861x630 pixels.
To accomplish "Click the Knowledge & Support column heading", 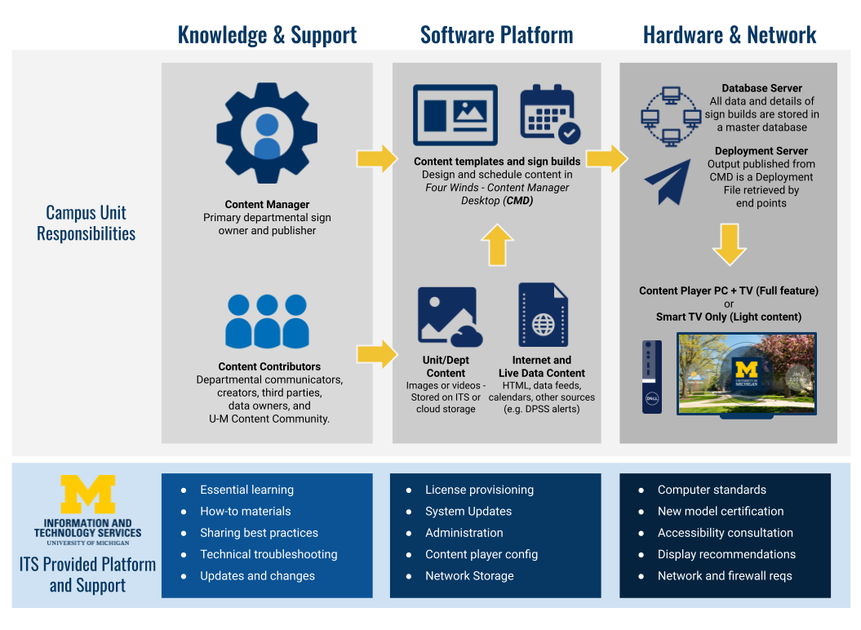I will pos(267,34).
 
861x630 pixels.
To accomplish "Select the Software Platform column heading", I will pos(496,34).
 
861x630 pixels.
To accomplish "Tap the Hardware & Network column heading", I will pos(729,34).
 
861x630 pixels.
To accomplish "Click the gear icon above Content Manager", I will pos(267,132).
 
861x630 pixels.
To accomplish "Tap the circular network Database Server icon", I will pos(670,116).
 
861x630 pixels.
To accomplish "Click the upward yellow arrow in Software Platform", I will pos(496,245).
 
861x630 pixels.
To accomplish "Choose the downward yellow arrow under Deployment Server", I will pos(729,244).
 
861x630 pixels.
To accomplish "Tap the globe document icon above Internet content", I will pos(543,316).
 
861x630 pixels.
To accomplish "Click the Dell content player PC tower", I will pos(651,376).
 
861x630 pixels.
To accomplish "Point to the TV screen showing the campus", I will pos(746,374).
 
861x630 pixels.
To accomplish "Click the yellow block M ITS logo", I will pos(87,495).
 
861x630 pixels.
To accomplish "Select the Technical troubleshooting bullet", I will pos(269,554).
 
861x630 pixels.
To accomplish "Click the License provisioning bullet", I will pos(479,490).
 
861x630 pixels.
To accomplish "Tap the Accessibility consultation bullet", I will pos(725,533).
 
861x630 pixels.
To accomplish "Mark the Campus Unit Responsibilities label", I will pos(86,223).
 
